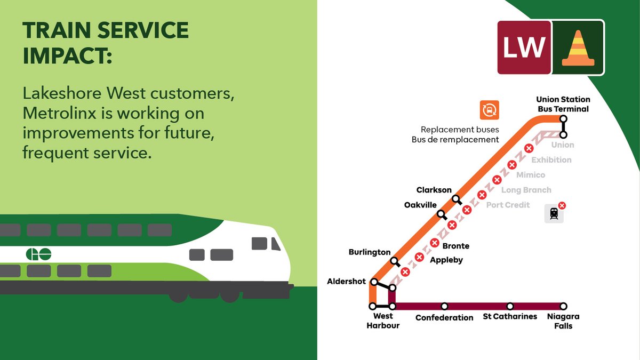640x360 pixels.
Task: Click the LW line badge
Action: click(524, 47)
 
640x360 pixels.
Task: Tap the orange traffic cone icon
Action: click(578, 47)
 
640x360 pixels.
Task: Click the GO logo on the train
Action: click(38, 254)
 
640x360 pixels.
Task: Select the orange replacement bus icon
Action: click(489, 110)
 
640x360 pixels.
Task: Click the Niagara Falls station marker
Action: click(563, 306)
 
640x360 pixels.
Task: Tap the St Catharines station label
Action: click(510, 317)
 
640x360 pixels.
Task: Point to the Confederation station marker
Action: click(444, 306)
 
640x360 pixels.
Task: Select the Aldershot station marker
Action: click(374, 282)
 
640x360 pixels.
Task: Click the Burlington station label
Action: click(370, 252)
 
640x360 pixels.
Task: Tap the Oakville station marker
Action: click(441, 214)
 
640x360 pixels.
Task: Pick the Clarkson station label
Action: click(434, 190)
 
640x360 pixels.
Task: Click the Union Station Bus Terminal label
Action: click(563, 104)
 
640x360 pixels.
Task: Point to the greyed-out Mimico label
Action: click(531, 175)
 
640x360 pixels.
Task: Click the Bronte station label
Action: click(456, 246)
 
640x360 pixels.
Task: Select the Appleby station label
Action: click(446, 260)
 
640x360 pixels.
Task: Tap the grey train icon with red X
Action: click(554, 213)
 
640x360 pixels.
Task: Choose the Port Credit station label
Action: click(508, 205)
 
